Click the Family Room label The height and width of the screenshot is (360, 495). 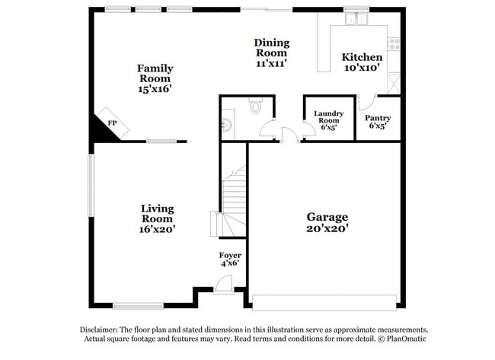[155, 73]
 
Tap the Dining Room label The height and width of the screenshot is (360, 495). [271, 47]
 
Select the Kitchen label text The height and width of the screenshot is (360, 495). [362, 57]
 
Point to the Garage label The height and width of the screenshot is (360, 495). [327, 217]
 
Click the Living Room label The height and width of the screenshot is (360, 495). [158, 213]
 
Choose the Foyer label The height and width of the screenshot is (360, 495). [230, 256]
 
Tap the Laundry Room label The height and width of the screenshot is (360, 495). [329, 117]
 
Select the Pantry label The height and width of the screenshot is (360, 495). [378, 118]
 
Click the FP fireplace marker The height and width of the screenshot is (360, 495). [112, 123]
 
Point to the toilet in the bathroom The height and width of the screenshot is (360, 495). [256, 107]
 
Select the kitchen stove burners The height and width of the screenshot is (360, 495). [394, 43]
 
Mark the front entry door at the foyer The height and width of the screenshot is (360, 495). [224, 284]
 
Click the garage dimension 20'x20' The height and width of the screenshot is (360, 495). [327, 228]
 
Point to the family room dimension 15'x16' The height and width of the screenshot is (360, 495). [155, 89]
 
